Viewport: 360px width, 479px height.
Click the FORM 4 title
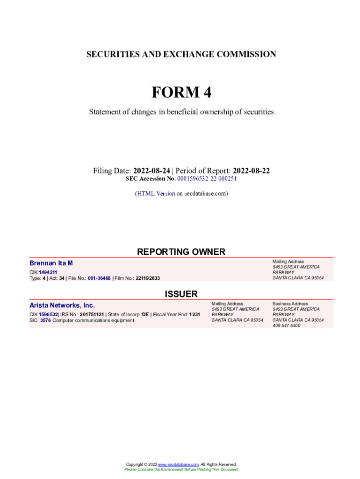point(181,93)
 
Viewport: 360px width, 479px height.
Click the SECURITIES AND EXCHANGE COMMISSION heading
point(181,54)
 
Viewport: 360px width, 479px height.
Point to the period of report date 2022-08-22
point(251,171)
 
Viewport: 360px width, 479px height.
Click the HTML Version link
point(156,193)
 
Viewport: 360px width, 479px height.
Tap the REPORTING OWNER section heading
point(181,252)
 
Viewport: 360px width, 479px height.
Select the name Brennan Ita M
point(51,263)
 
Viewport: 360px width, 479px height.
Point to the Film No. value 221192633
point(148,278)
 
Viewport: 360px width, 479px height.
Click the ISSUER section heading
point(181,294)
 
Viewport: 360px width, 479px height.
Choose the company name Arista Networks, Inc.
point(62,305)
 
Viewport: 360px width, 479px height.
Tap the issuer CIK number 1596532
point(48,315)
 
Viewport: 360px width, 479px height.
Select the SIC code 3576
point(45,320)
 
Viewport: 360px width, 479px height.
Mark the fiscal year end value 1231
point(194,315)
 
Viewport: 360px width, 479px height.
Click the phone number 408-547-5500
point(287,326)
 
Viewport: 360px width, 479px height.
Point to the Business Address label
point(290,304)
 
